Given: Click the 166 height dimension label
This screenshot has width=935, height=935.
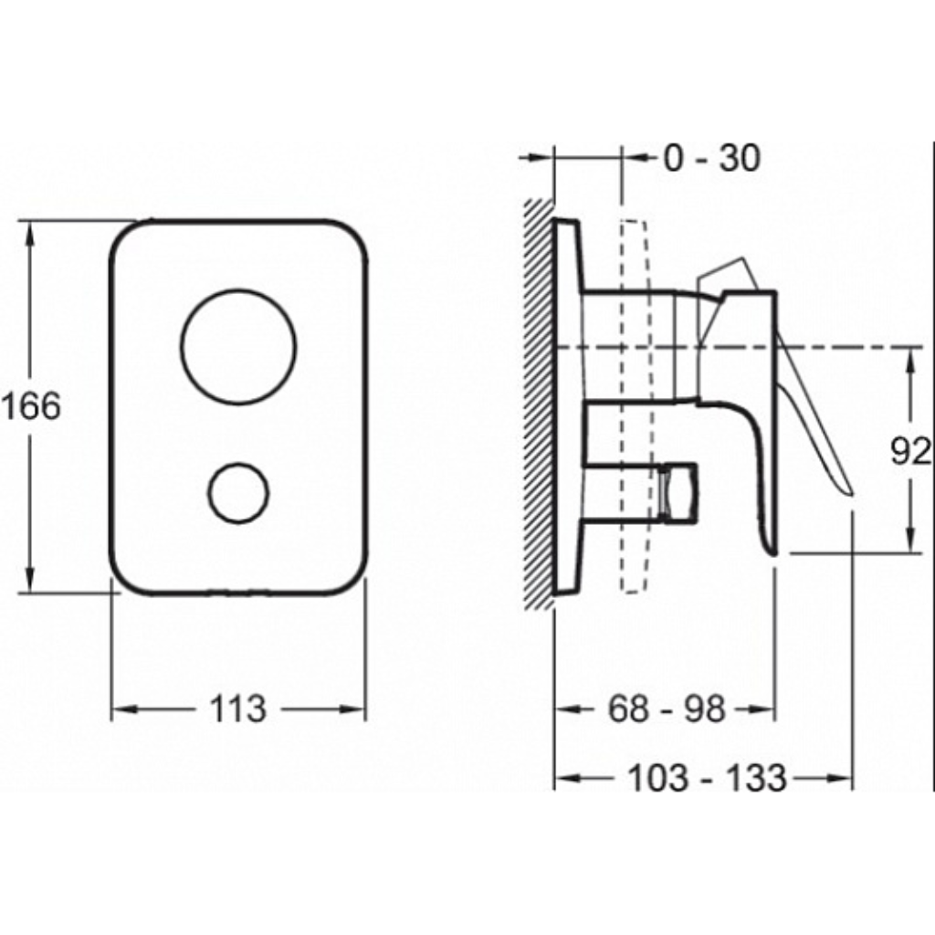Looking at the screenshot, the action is [30, 406].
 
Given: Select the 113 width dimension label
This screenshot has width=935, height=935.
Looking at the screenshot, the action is [237, 709].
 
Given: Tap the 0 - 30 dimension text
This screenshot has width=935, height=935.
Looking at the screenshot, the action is [712, 158].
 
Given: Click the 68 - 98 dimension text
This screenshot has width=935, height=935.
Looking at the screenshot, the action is [667, 709].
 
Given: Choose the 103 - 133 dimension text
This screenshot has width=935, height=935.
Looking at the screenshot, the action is [708, 778].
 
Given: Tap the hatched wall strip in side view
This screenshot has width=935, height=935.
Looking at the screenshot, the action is [539, 404].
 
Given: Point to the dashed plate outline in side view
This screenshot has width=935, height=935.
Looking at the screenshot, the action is [634, 406].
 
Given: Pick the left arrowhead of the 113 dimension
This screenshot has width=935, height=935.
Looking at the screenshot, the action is [124, 709].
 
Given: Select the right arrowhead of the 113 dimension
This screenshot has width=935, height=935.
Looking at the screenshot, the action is [353, 709].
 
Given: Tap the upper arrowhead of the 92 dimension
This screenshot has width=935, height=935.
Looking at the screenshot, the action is [910, 360].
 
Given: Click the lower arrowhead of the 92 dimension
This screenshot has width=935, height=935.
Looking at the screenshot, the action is [910, 541].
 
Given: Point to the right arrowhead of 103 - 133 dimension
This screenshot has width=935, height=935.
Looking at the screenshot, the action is [840, 778].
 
